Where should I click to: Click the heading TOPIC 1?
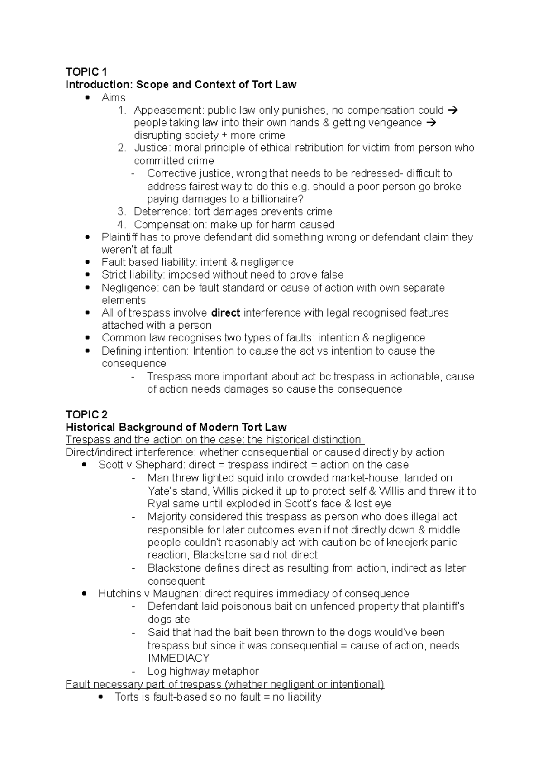[86, 72]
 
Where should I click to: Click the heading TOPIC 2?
[86, 414]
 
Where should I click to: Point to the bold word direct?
[226, 313]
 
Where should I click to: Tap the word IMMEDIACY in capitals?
[178, 658]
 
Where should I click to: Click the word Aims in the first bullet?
[114, 97]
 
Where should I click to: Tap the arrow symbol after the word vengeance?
[431, 123]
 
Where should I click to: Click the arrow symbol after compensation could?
[452, 110]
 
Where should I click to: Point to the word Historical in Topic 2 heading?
[90, 427]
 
